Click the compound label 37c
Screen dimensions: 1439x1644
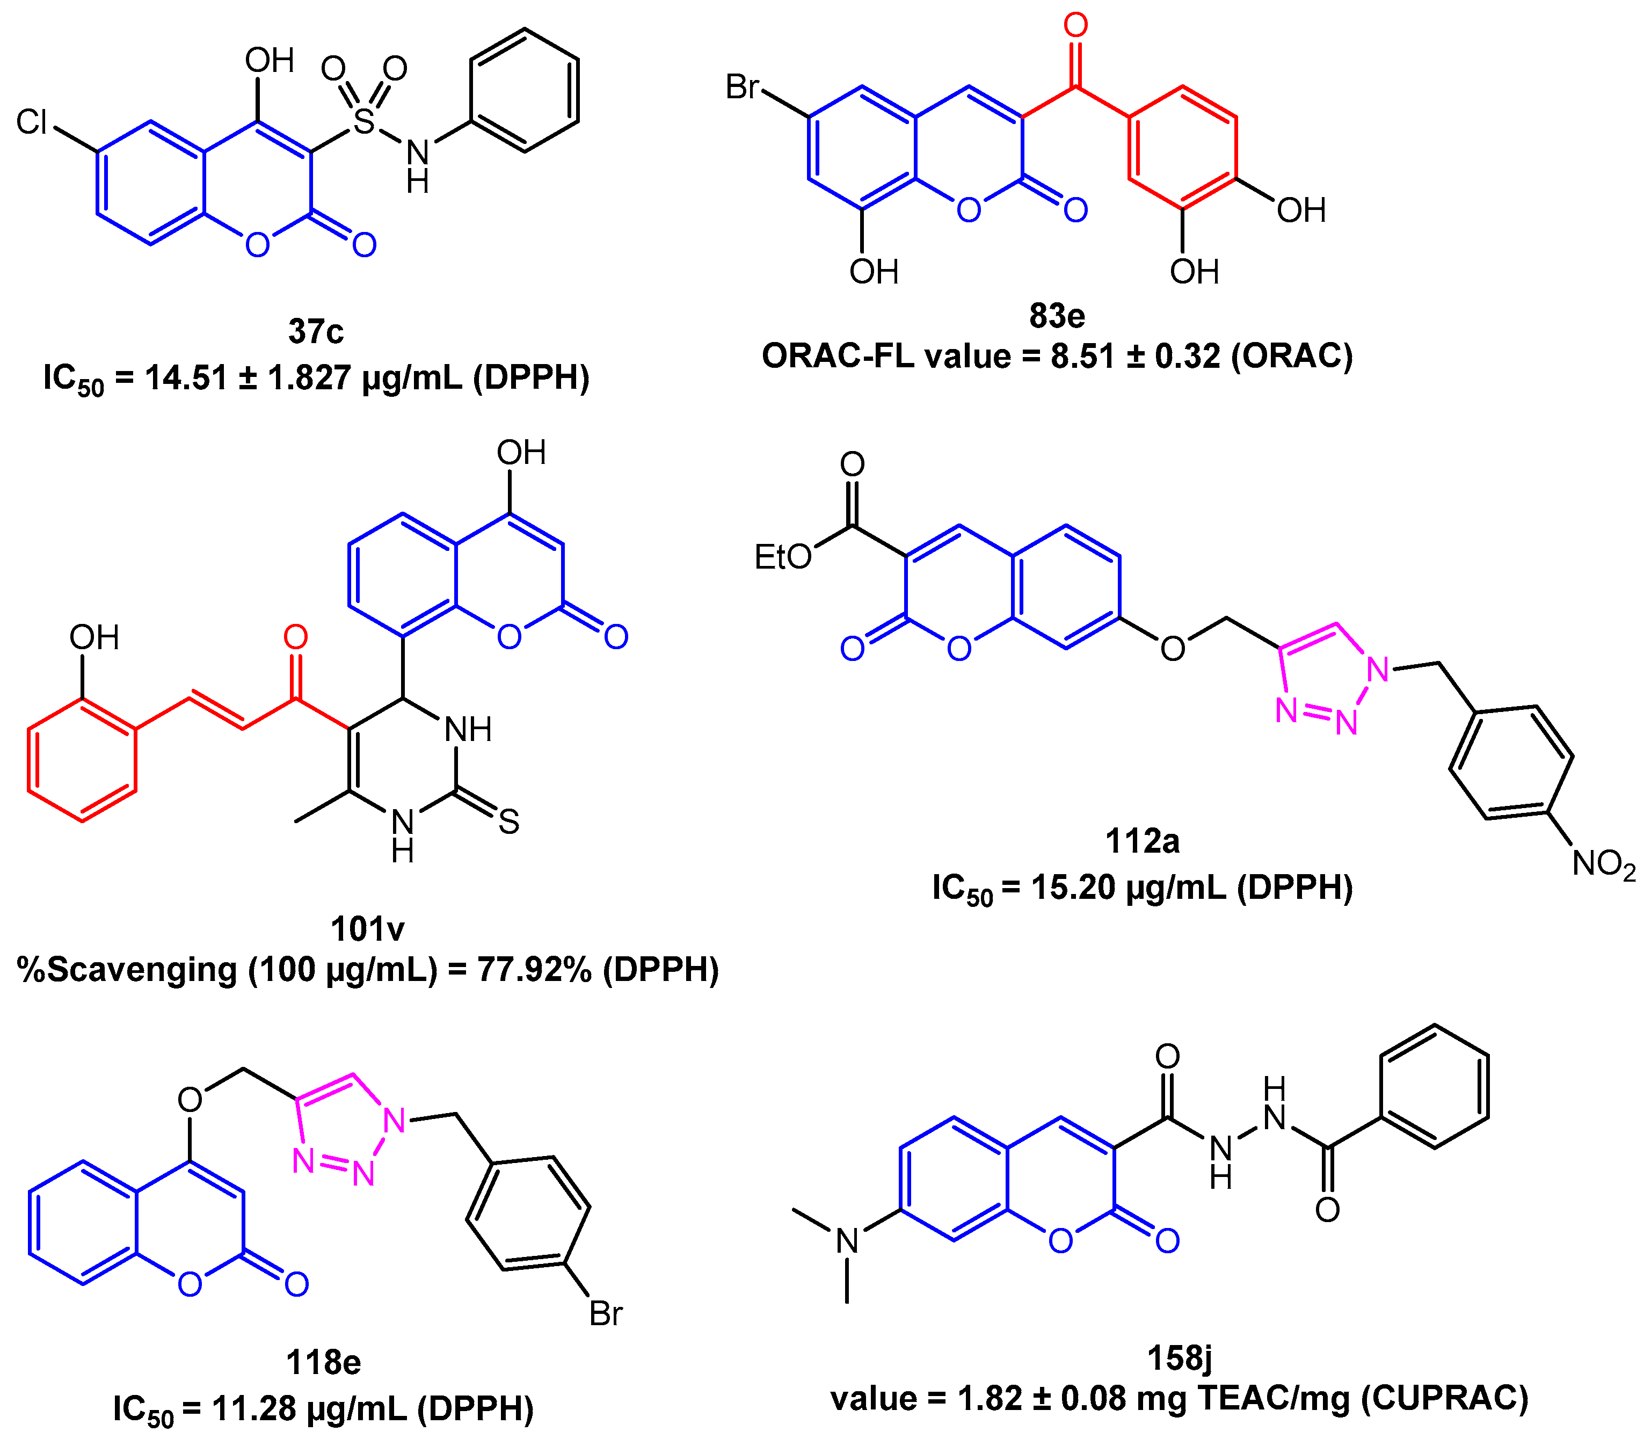[316, 331]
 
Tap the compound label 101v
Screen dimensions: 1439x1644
[367, 928]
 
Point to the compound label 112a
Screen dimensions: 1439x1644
[1142, 841]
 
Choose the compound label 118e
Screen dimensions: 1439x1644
[324, 1363]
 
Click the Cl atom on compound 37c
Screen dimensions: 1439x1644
[32, 122]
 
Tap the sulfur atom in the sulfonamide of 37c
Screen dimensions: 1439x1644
[365, 121]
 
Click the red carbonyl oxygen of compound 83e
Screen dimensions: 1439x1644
[1075, 26]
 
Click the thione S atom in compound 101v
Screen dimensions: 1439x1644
[508, 822]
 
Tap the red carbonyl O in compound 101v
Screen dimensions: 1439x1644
[295, 637]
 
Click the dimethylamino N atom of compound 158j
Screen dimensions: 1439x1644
[847, 1241]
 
